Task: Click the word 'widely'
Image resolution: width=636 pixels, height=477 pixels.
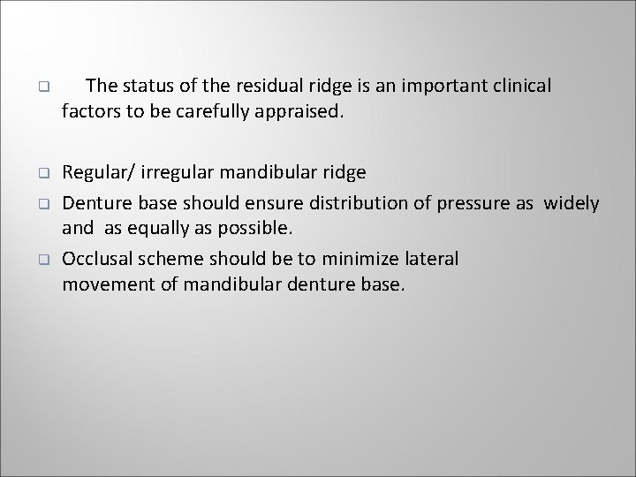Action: (572, 204)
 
